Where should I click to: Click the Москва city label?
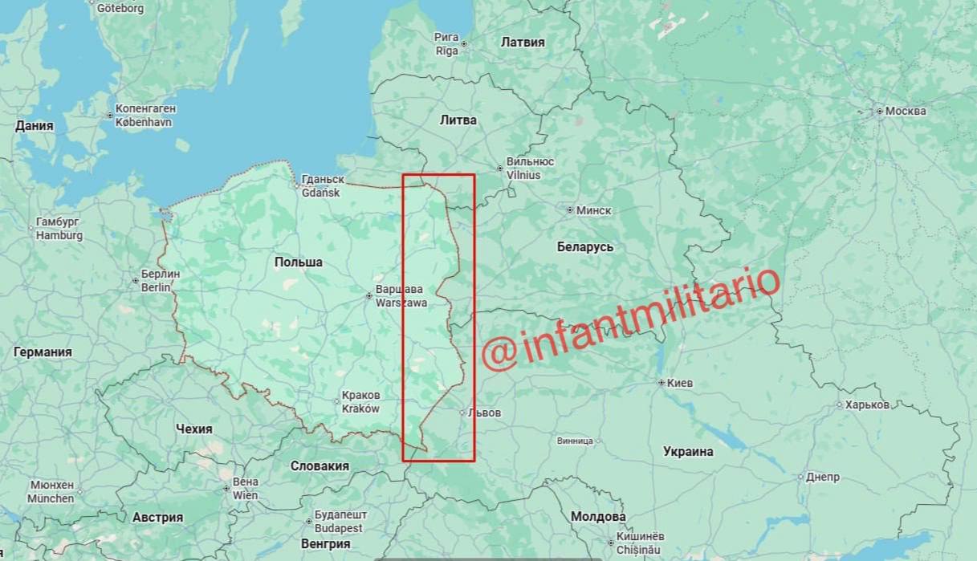point(905,111)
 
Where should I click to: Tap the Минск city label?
point(593,210)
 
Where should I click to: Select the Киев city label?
point(679,383)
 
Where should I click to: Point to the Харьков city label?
point(867,404)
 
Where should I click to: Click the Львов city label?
point(485,413)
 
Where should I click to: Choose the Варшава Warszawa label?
point(401,296)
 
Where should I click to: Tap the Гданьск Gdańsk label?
point(321,186)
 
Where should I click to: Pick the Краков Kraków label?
point(360,402)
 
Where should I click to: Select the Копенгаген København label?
point(145,116)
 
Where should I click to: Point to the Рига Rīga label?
point(446,43)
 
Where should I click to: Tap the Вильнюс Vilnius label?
point(529,168)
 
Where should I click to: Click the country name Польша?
point(298,262)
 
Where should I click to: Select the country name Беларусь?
point(585,246)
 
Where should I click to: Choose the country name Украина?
point(688,451)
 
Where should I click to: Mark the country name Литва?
point(458,120)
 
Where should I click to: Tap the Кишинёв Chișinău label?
point(640,543)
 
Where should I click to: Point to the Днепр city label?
point(822,477)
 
